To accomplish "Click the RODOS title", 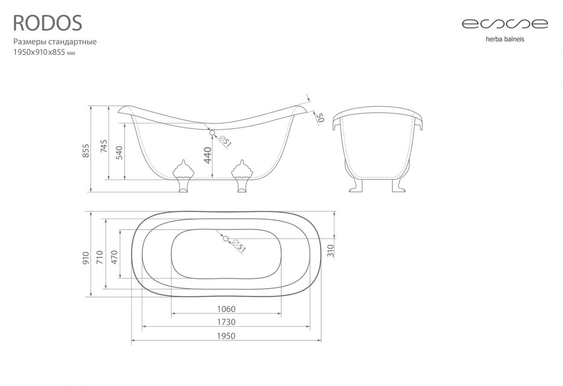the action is click(47, 23).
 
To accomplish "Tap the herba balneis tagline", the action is click(505, 39).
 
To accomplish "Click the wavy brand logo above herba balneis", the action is click(505, 24).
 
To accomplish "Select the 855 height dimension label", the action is click(86, 151).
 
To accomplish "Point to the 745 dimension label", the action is click(104, 146).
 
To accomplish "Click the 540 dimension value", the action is click(119, 153).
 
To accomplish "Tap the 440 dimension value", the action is click(207, 155).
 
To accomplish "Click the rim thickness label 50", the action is click(320, 117).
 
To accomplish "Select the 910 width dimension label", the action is click(86, 258).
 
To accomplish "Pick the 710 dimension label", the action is click(100, 257).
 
